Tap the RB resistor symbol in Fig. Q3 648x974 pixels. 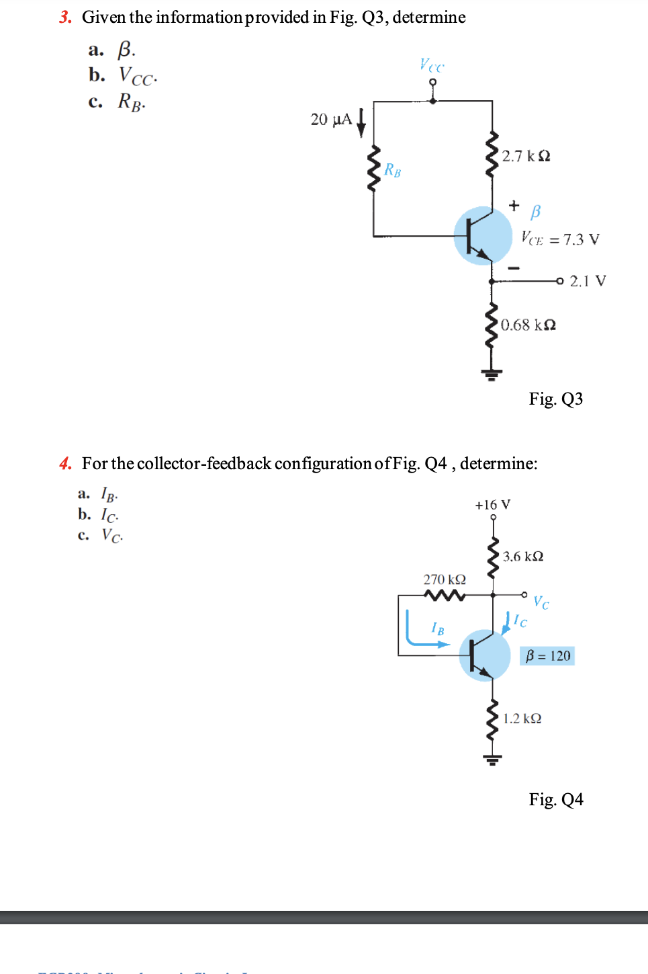[373, 168]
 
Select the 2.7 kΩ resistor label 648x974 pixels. [526, 156]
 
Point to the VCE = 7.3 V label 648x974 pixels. [560, 239]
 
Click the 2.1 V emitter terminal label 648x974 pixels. [588, 281]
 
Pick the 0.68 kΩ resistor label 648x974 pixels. [528, 325]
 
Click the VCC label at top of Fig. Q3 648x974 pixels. [432, 65]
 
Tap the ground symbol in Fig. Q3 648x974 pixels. [492, 374]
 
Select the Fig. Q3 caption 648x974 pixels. [555, 399]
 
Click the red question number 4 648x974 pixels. [65, 464]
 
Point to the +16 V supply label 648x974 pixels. [492, 505]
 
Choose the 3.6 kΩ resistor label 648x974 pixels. [523, 557]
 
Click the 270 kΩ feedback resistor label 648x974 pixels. [444, 579]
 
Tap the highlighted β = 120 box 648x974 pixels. [547, 656]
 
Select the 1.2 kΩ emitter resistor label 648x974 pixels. [522, 719]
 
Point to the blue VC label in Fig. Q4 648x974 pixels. [541, 602]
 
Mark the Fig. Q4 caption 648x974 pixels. [555, 799]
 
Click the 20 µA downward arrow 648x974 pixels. [361, 122]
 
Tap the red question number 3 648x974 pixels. [65, 17]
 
